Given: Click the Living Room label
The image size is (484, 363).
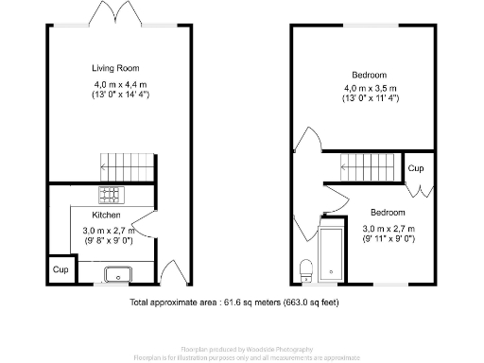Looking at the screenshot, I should (114, 68).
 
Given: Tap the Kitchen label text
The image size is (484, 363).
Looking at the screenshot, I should (106, 216).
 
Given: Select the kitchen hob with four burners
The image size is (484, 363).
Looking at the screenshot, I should (112, 197).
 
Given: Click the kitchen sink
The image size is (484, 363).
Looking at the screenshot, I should (117, 275).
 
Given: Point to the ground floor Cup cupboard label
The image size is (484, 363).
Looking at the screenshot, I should (60, 269).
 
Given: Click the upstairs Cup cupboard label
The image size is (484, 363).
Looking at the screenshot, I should (416, 168).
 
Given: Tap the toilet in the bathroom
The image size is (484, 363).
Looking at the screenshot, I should (306, 269).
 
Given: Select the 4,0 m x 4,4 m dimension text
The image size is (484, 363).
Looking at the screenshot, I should (114, 82).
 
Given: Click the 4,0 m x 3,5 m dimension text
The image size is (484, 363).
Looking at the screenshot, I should (370, 89).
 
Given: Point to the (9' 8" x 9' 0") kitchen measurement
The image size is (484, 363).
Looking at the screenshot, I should (107, 241).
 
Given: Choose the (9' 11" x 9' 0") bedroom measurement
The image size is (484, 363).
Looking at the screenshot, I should (389, 240).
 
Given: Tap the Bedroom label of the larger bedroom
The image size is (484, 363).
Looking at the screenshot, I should (370, 75).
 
